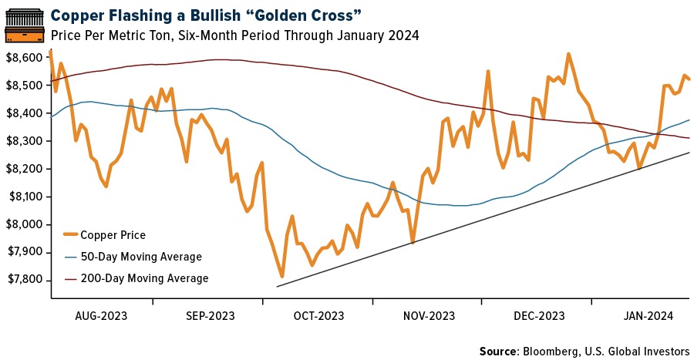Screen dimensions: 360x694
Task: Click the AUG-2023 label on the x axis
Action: click(102, 316)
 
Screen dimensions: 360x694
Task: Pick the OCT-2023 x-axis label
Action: click(318, 316)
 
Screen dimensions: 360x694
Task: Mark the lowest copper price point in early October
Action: click(282, 276)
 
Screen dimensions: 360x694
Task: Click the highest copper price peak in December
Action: click(568, 55)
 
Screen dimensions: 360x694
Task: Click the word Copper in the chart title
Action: click(76, 15)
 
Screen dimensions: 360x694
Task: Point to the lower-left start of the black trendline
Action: click(277, 287)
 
